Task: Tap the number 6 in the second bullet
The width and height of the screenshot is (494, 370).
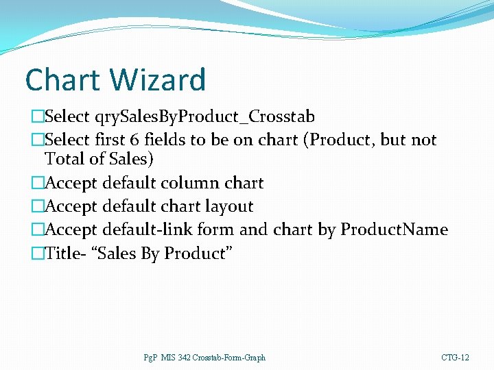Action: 135,140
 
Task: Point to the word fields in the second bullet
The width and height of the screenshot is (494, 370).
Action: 165,140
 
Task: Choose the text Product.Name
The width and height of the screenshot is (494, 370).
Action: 395,230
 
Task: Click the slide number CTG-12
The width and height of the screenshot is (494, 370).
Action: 455,358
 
